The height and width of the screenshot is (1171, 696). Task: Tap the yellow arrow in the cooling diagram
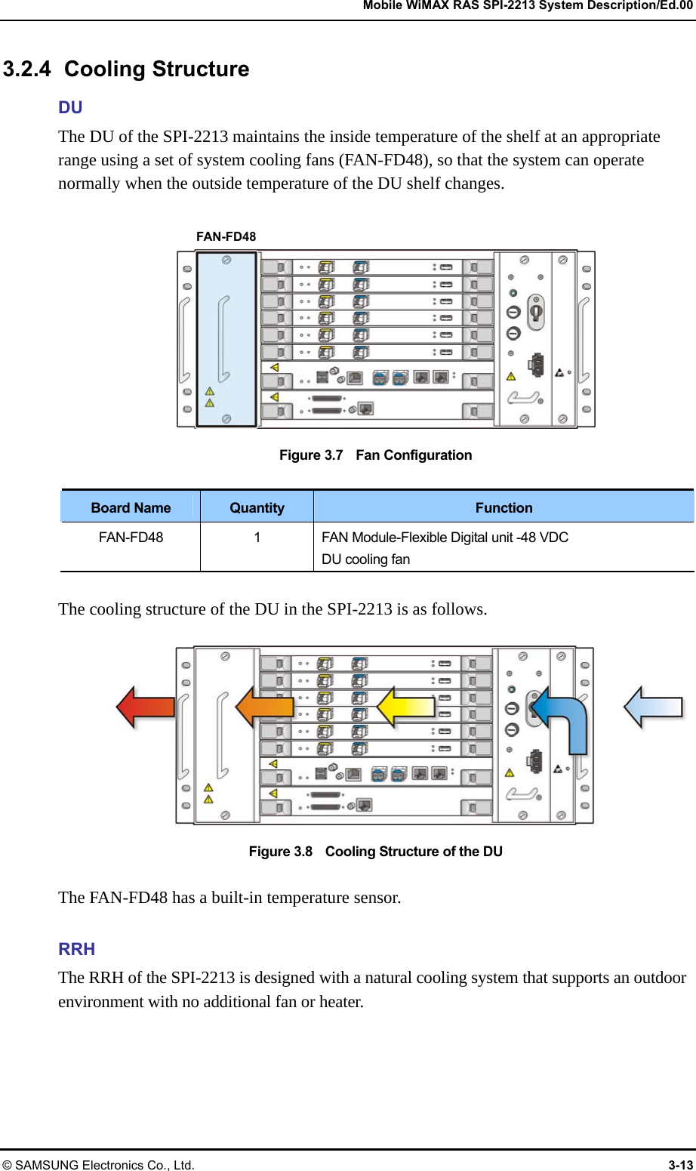[x=405, y=707]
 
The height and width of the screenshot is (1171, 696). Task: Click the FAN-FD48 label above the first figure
[x=226, y=236]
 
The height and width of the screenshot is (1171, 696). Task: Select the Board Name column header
[x=131, y=508]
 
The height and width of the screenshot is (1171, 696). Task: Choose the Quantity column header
[x=257, y=508]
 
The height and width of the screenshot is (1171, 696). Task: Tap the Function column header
[x=504, y=508]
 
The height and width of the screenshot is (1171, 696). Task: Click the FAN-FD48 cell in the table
[x=131, y=538]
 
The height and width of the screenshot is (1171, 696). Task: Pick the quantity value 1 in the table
[x=257, y=538]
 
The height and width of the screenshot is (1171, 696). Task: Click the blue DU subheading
[x=70, y=107]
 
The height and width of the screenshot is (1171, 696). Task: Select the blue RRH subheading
[x=76, y=949]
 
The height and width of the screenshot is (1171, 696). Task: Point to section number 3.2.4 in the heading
[x=27, y=69]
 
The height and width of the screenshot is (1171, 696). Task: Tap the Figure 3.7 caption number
[x=311, y=455]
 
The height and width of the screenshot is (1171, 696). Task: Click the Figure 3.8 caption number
[x=281, y=852]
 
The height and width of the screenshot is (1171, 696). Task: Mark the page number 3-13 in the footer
[x=680, y=1165]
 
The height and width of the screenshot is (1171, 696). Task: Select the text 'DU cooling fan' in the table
[x=365, y=559]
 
